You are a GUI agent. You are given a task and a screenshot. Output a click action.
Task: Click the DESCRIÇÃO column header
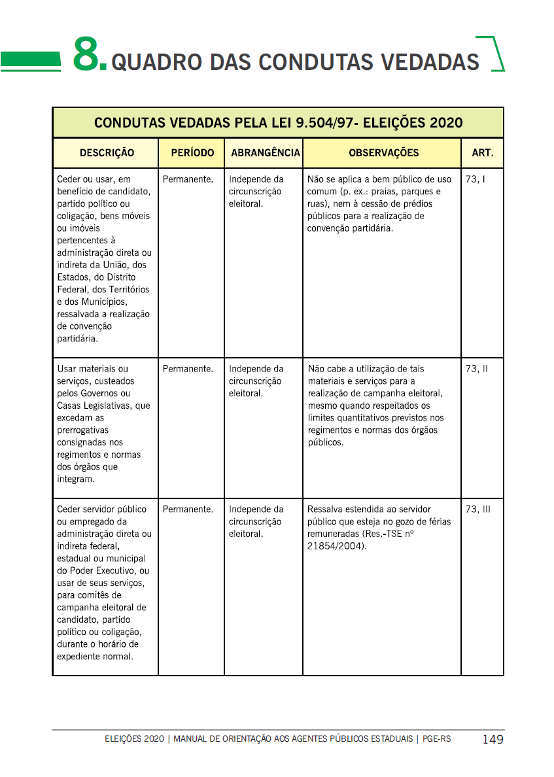pos(107,153)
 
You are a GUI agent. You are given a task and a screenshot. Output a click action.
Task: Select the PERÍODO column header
pos(192,153)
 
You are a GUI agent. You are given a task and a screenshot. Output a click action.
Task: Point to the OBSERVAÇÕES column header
pos(383,153)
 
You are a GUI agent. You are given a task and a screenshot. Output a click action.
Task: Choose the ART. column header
pos(483,153)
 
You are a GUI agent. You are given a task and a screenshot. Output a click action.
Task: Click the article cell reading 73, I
pos(475,179)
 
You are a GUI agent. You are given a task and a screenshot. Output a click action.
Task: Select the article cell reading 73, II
pos(476,369)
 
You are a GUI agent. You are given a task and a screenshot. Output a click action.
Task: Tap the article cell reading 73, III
pos(477,509)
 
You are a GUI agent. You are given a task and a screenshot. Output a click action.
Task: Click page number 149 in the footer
pos(493,740)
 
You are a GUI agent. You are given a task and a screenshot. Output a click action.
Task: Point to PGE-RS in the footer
pos(436,739)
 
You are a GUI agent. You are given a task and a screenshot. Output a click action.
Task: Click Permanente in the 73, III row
pos(188,509)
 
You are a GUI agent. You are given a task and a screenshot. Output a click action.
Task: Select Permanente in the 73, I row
pos(188,179)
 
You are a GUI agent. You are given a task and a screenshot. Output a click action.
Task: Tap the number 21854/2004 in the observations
pos(336,546)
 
